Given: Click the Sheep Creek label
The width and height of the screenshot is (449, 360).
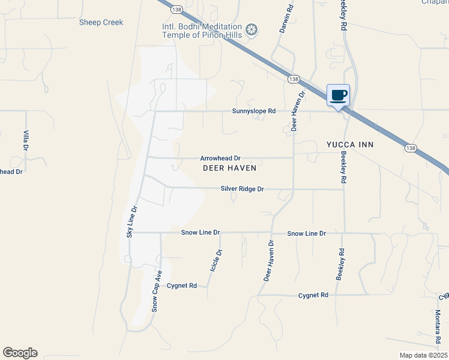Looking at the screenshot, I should tap(101, 22).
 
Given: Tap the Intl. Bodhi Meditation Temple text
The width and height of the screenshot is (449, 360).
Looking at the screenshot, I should tap(202, 27).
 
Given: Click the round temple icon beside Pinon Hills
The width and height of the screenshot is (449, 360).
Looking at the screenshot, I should tap(253, 29).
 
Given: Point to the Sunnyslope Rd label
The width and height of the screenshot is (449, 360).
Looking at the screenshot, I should tap(254, 111).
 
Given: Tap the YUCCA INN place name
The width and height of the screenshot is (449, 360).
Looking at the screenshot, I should tap(350, 145).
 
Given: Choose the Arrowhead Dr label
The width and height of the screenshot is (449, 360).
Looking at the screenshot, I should tap(220, 158).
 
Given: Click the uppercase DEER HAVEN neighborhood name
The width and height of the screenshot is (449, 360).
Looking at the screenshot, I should tap(229, 168).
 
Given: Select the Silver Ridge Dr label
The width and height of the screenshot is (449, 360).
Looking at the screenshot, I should tap(243, 188).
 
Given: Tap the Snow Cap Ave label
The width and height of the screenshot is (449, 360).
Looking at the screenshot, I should tap(157, 291).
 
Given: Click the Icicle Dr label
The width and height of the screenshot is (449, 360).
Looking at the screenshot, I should tap(215, 261).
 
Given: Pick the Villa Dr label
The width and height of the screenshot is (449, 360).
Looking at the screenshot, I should tap(26, 140).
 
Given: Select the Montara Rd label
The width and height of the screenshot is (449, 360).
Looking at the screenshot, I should tap(438, 325).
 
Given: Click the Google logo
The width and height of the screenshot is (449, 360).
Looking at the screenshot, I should tap(20, 353).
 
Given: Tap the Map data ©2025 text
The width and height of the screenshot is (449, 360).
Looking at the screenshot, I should tap(423, 355).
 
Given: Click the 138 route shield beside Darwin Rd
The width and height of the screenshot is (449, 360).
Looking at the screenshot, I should tap(294, 79).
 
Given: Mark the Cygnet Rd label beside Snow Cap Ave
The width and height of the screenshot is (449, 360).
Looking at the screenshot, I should tap(182, 286).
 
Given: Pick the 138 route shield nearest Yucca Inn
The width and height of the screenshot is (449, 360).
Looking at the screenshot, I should tap(410, 148).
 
